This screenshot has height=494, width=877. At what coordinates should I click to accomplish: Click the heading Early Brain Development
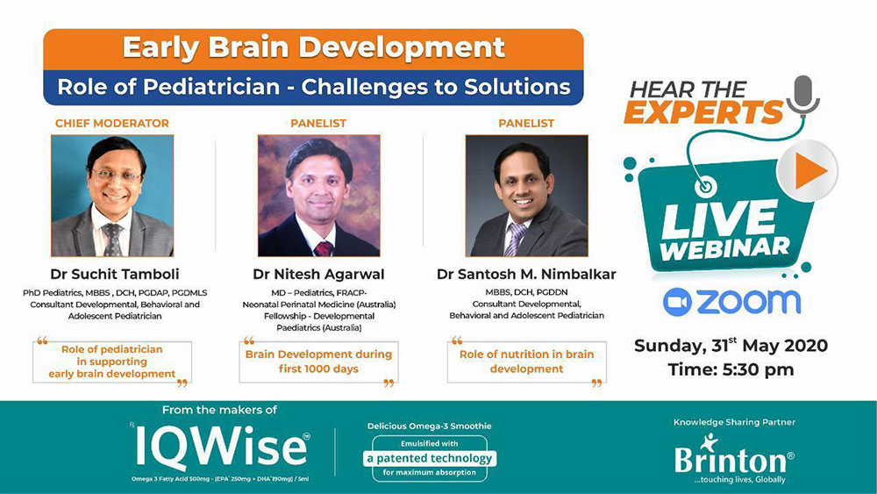pos(314,48)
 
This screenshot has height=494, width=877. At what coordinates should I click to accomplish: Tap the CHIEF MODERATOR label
pos(112,124)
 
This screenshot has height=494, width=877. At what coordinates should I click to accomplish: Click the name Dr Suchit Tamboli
pos(115,274)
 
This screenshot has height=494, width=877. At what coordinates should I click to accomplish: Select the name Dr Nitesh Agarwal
pos(318,274)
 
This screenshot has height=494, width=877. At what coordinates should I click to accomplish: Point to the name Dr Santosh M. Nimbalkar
pos(526,274)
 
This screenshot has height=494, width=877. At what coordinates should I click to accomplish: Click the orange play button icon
pos(808,170)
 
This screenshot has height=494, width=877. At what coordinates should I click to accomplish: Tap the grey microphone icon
pos(803,96)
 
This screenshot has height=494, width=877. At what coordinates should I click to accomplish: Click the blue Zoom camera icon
pos(677,302)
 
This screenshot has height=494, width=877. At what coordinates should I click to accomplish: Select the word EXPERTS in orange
pos(703,112)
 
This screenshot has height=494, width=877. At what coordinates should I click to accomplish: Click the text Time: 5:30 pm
pos(731,369)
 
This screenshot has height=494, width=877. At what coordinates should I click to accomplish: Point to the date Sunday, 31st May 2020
pos(731,345)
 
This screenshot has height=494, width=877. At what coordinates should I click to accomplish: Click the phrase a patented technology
pos(430,459)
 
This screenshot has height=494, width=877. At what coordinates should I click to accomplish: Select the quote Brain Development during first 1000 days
pos(318,362)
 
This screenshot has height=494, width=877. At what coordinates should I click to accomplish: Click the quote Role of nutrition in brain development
pos(526,362)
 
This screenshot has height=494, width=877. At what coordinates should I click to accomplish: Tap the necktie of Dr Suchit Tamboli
pos(112,239)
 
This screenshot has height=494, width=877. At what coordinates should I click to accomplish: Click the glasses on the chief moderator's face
pos(117,175)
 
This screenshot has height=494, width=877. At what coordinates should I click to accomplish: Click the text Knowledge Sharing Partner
pos(734,422)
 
